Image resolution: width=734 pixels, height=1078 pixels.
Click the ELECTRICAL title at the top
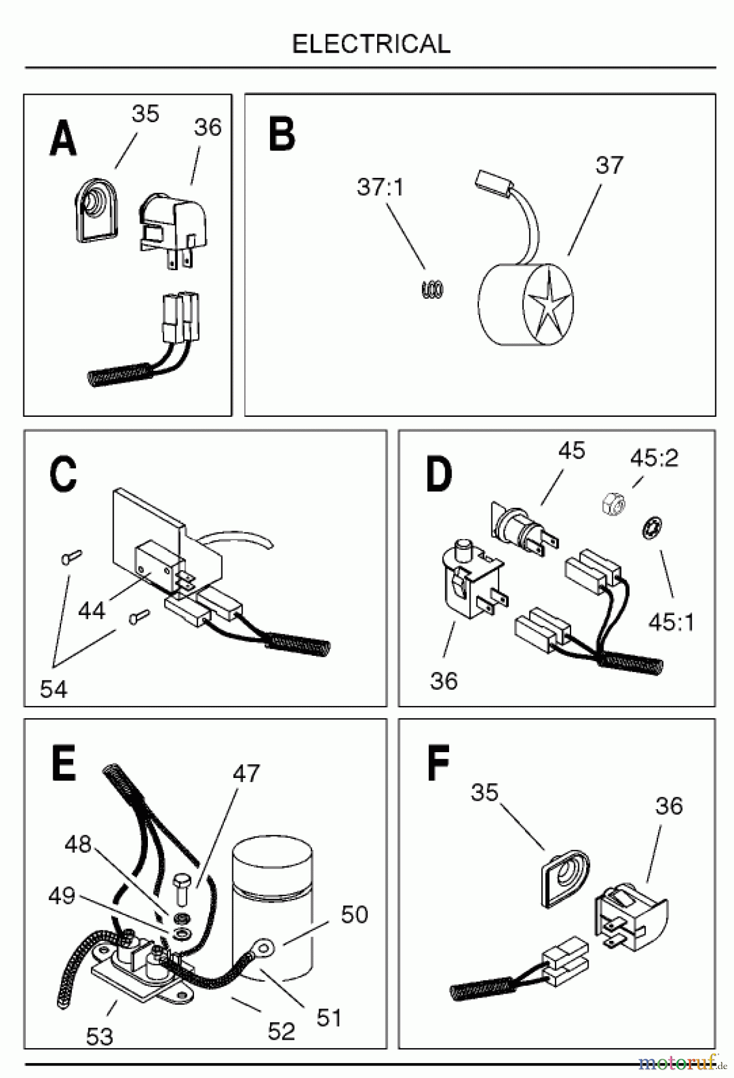click(371, 44)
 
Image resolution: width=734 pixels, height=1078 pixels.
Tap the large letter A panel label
click(63, 138)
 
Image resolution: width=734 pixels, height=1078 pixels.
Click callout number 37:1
click(380, 187)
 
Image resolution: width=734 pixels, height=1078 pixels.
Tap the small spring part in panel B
click(432, 290)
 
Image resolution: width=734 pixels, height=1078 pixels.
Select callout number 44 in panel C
click(92, 611)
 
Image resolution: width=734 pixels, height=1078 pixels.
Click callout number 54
click(54, 689)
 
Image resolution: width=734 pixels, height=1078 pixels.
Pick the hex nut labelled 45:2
click(612, 500)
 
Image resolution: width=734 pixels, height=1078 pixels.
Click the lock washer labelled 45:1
click(651, 529)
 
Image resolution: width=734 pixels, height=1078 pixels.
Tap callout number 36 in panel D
click(444, 681)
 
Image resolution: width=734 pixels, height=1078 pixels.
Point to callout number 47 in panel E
click(246, 773)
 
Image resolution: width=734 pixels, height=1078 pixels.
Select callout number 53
click(99, 1037)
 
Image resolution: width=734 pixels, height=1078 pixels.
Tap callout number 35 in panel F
click(485, 792)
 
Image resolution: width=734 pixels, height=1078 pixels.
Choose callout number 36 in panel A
click(208, 127)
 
